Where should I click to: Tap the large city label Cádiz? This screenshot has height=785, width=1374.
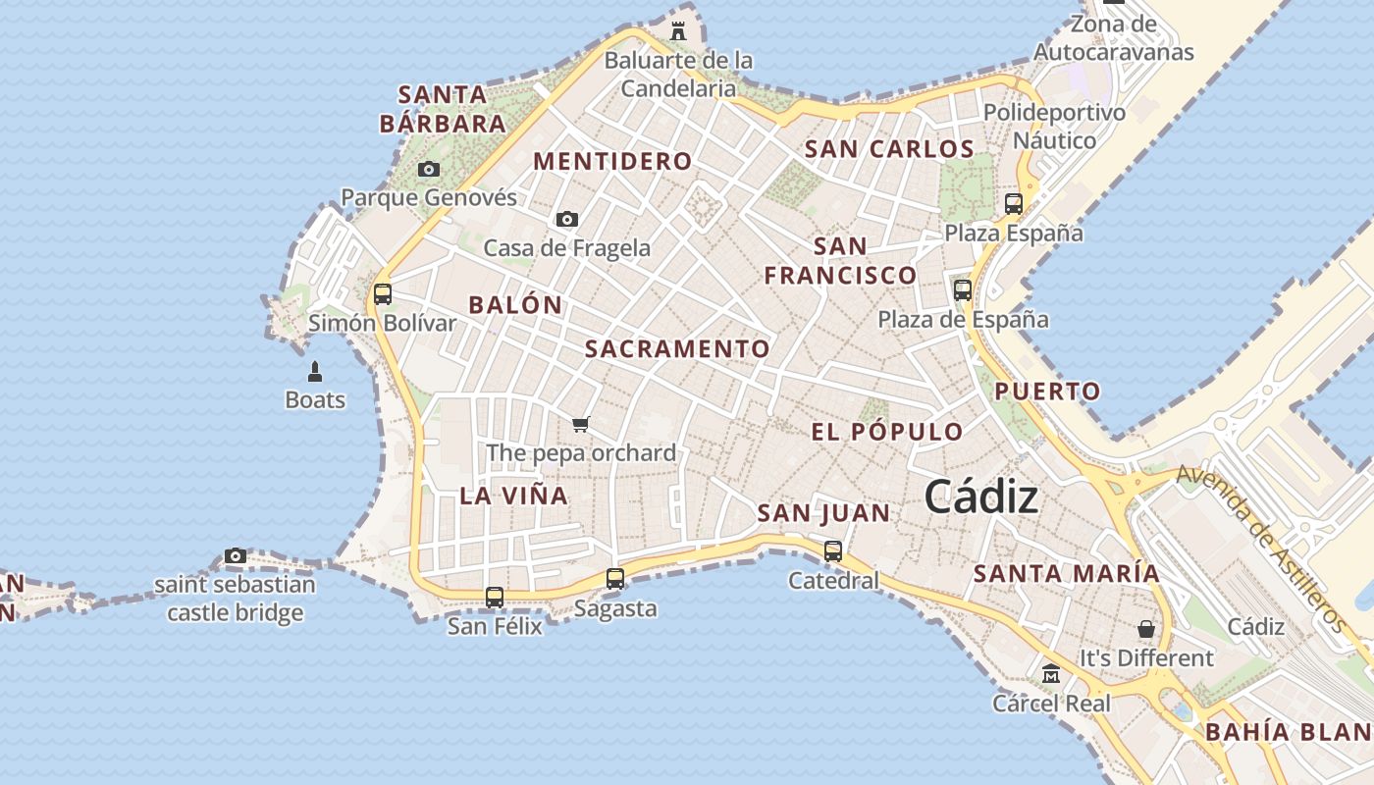981,497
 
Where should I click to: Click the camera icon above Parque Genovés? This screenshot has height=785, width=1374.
429,169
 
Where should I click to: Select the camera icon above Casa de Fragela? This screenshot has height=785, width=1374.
567,219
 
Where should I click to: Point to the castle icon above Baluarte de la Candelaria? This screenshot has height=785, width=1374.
678,30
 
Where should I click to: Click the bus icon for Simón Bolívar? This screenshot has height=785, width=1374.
383,293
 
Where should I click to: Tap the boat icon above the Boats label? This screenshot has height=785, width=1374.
315,371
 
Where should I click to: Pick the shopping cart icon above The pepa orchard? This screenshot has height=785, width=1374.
581,424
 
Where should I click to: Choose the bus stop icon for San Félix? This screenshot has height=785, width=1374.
495,597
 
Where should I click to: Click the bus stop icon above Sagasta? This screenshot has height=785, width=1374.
615,579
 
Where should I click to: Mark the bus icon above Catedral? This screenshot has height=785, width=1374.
833,550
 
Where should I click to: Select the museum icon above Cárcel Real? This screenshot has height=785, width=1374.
1051,674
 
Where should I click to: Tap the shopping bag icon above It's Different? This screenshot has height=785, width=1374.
1146,629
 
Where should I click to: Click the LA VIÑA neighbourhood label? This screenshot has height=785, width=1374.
514,496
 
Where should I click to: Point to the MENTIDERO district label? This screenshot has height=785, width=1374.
612,161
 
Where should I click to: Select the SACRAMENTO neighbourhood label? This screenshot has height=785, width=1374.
677,348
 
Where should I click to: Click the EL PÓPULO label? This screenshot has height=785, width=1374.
887,432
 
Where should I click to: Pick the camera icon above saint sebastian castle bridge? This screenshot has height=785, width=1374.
235,556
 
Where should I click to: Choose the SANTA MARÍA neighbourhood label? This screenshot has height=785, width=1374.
1066,573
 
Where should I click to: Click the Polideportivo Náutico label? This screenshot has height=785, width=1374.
1054,127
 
